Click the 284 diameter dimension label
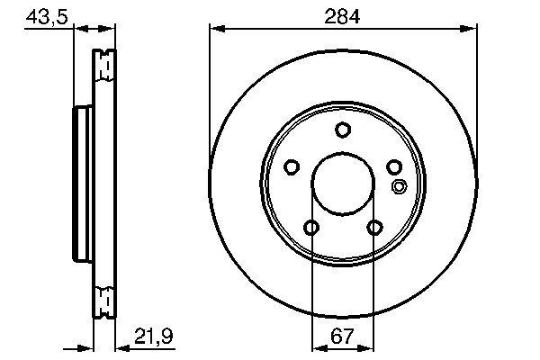[x=342, y=17]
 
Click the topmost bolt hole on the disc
[x=342, y=130]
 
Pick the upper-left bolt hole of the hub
[x=291, y=166]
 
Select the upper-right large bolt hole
[x=393, y=166]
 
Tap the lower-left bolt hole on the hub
[x=310, y=228]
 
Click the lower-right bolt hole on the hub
[x=373, y=228]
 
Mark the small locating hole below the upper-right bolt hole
[x=400, y=187]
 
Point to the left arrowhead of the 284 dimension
[x=215, y=30]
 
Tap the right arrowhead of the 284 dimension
[x=470, y=30]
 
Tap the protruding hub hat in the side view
[x=77, y=180]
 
